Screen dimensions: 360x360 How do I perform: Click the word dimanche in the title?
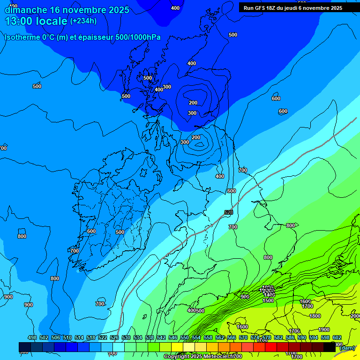25,10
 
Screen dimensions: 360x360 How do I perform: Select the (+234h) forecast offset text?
83,21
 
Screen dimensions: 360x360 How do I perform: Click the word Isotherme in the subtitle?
22,37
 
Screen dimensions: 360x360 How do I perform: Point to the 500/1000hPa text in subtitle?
135,37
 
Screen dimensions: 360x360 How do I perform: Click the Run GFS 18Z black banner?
293,7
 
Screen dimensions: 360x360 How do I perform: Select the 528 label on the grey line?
229,212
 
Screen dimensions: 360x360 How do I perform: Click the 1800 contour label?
315,316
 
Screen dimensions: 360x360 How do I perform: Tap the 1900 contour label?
324,330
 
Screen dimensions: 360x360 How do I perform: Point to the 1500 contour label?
268,300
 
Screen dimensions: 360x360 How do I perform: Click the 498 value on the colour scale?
32,338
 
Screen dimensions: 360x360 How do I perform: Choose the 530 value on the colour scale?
126,338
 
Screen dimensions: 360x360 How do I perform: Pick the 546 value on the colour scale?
172,338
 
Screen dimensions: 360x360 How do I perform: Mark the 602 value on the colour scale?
337,338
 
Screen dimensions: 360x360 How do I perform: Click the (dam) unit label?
347,348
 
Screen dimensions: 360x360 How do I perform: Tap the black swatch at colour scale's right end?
330,347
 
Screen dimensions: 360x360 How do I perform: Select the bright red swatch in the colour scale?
271,347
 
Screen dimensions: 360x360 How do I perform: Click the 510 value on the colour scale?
67,338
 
